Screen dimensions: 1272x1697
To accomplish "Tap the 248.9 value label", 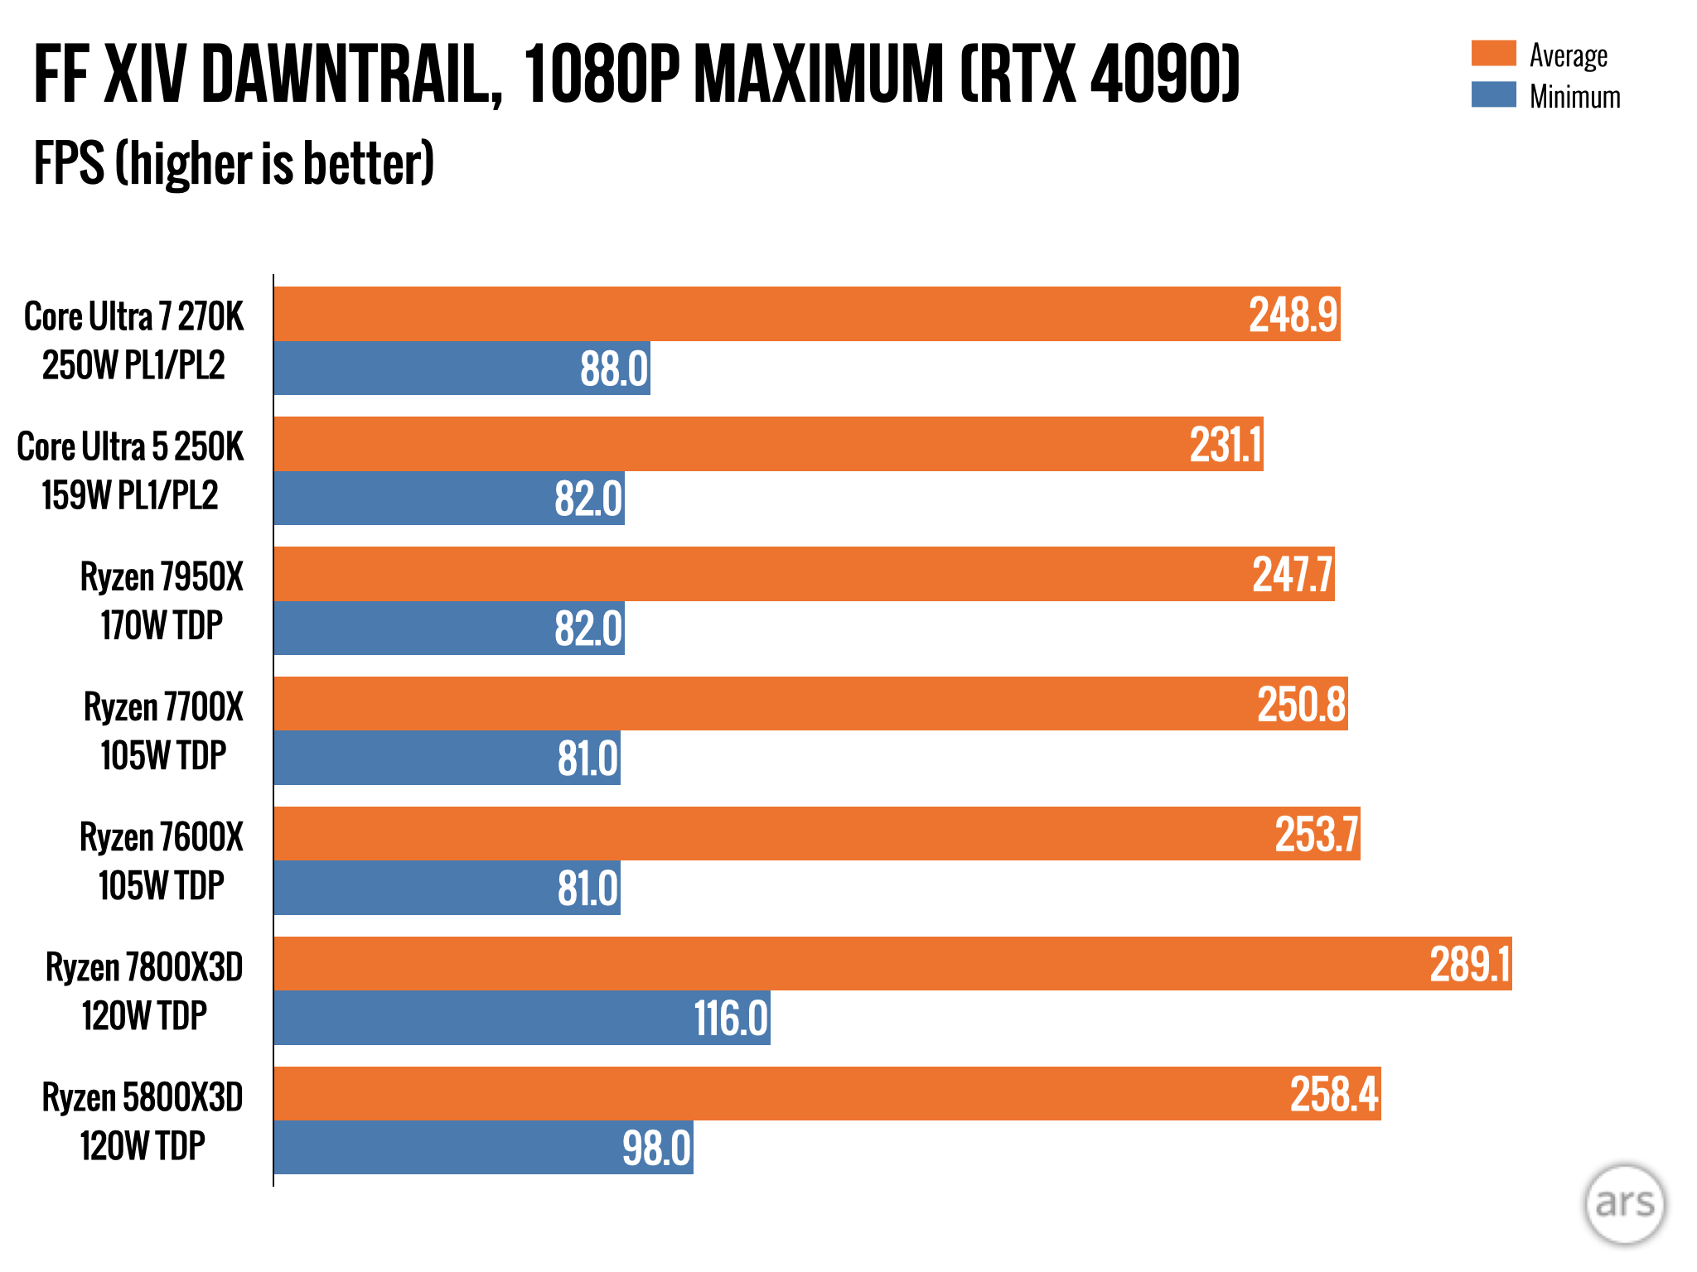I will [1293, 315].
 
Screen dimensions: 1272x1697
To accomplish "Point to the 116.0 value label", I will [731, 1018].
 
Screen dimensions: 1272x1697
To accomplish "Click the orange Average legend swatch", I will [1493, 53].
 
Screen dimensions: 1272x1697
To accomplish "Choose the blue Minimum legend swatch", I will [1493, 94].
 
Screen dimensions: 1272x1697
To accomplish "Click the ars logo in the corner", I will [1624, 1203].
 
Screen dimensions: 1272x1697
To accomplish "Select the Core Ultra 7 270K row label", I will [134, 316].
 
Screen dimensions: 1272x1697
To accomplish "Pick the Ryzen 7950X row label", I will [162, 577].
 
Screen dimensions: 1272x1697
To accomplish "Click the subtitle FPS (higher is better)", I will [234, 163].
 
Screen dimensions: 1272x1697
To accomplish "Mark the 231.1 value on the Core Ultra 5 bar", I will [1226, 445].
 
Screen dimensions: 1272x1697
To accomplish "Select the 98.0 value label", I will [656, 1148].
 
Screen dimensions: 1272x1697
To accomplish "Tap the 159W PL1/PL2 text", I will [130, 495].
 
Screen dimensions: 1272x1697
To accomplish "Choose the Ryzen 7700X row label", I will [163, 707].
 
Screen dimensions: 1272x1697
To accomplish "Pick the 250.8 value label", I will [1301, 705].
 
